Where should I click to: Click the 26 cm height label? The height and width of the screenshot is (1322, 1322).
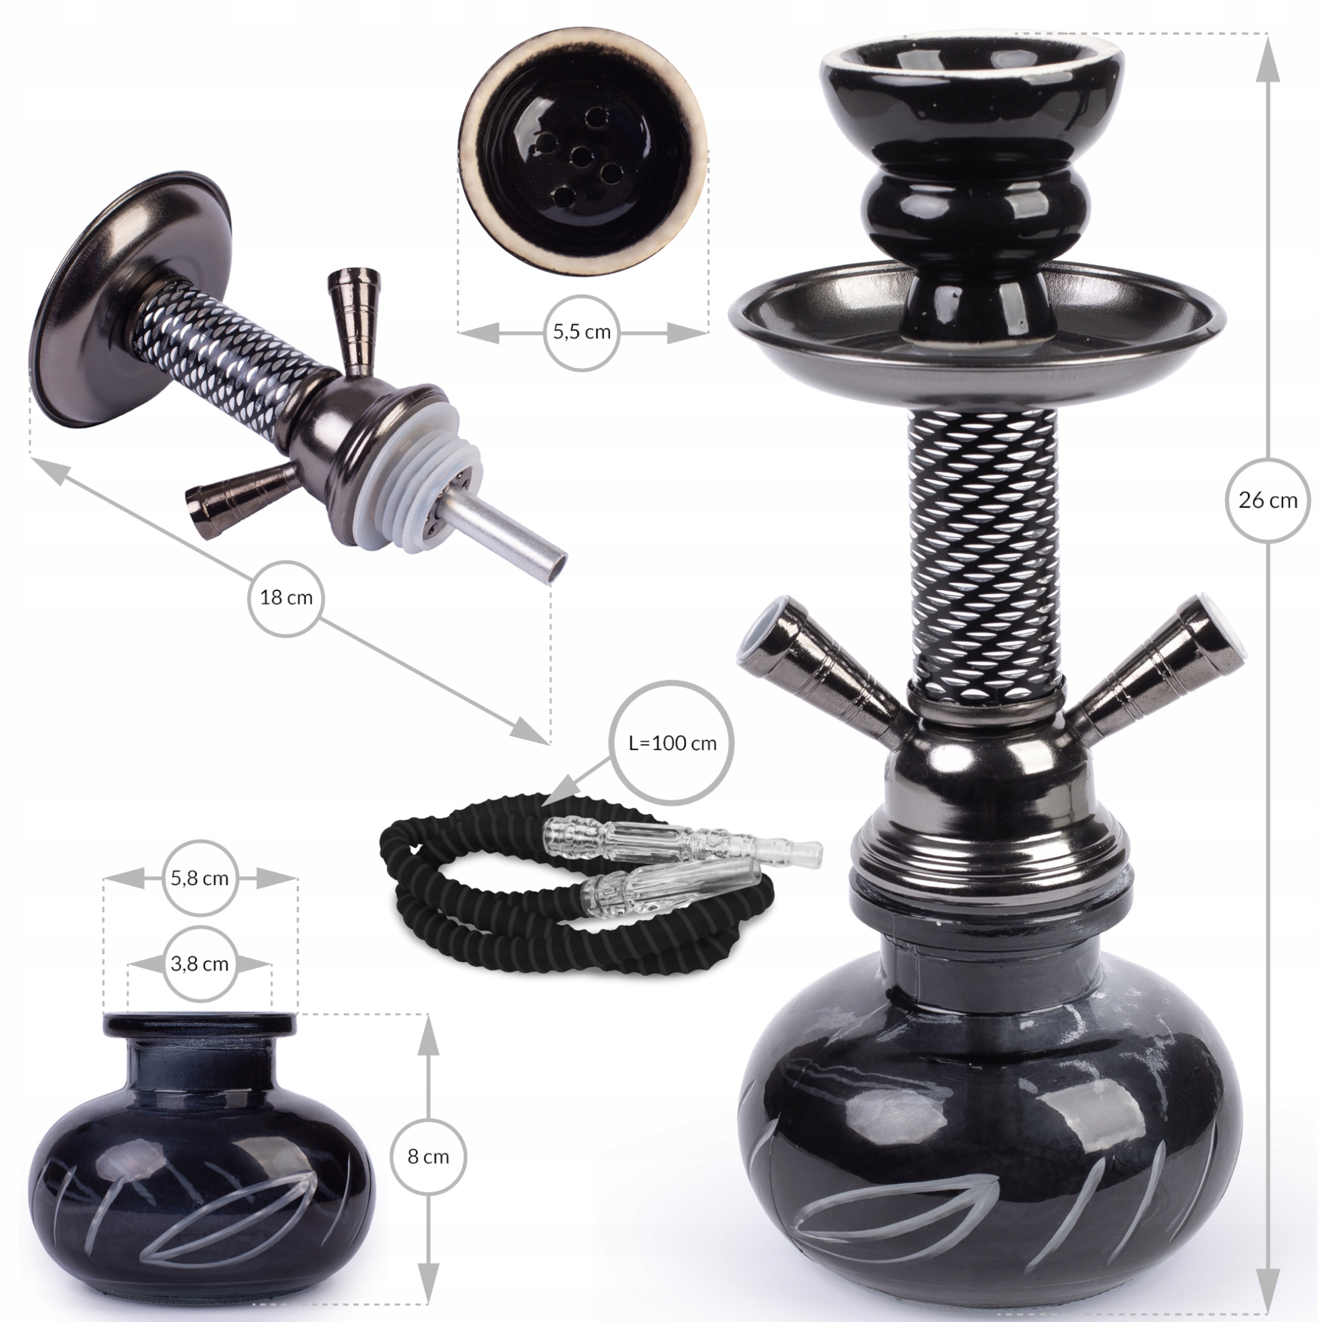(1267, 500)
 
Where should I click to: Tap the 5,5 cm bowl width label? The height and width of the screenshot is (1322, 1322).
(581, 333)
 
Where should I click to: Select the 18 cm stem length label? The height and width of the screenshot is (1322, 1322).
(286, 597)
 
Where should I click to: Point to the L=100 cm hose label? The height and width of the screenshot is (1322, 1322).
(672, 743)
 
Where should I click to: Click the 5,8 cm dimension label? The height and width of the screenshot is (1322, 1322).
(199, 878)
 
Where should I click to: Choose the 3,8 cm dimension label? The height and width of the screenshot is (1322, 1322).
(199, 964)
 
